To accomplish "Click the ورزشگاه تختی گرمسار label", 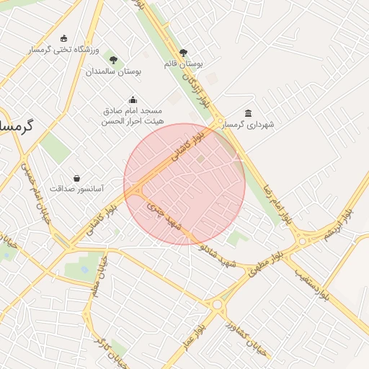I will click(x=63, y=50).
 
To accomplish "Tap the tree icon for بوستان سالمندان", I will click(x=112, y=58).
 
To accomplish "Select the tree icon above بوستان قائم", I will click(x=183, y=53).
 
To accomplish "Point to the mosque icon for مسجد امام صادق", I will click(x=132, y=100).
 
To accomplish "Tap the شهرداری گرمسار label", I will click(x=249, y=125).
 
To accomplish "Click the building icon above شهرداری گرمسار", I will click(x=249, y=113).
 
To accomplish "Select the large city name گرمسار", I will click(x=16, y=125).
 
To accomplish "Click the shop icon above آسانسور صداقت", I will click(x=76, y=177).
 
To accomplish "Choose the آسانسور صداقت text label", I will click(x=76, y=189).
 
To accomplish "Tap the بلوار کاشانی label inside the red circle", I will click(x=189, y=146).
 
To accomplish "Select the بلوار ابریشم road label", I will click(x=339, y=224).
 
